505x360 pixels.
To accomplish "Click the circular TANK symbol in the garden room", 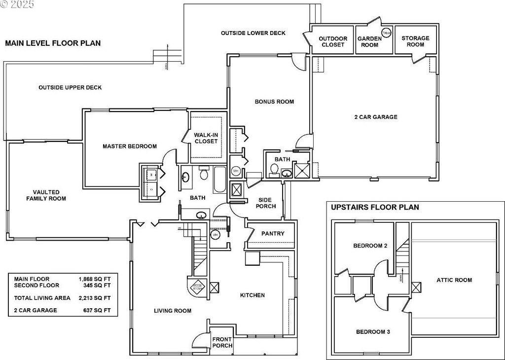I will pos(387,33).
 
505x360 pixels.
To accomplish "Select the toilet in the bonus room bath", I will pos(274,169).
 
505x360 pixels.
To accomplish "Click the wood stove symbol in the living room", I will pos(197,287).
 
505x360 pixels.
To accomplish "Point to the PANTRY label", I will pos(273,233).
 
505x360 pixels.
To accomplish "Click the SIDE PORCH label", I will pos(267,203).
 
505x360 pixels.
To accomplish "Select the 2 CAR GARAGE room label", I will pos(376,117).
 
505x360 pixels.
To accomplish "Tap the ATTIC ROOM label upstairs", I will pos(454,280).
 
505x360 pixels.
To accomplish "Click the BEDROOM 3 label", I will pos(373,332).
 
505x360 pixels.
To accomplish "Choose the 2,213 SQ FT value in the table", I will pos(95,298).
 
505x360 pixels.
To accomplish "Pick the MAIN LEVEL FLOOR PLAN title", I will pos(53,43).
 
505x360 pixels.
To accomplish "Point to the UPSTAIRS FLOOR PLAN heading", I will pos(375,207).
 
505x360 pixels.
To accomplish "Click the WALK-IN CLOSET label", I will pos(206,138).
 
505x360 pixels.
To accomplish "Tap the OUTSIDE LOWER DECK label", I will pos(253,33).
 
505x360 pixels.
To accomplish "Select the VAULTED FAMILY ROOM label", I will pos(46,195).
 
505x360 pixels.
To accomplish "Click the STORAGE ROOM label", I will pos(415,41).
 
